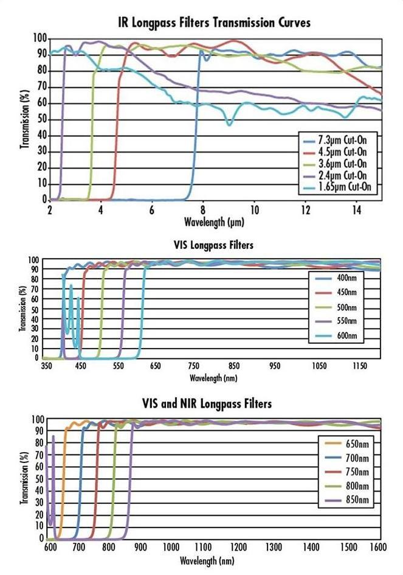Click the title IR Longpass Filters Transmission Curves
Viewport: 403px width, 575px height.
tap(214, 23)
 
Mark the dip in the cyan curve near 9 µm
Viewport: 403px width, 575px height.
tap(229, 124)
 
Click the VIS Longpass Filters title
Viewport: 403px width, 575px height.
tap(213, 246)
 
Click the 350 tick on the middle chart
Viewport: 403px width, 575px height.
tap(45, 368)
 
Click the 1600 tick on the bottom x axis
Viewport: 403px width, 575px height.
tap(377, 548)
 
